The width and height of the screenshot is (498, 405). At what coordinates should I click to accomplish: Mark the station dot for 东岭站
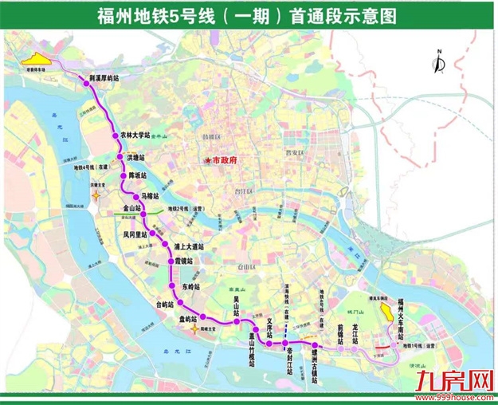click(172, 286)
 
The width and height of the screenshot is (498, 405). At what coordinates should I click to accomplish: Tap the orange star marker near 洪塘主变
click(96, 194)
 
